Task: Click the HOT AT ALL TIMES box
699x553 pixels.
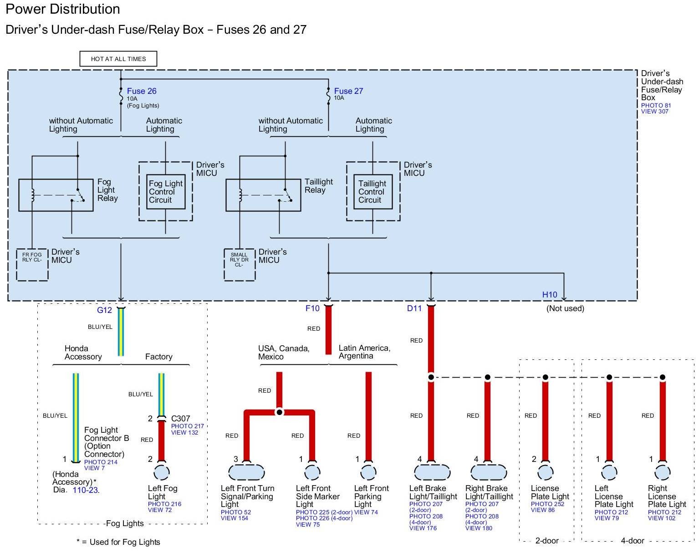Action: click(x=118, y=59)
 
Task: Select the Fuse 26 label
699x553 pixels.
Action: click(x=142, y=91)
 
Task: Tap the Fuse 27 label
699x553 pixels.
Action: click(x=348, y=91)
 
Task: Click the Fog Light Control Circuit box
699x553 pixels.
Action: click(x=166, y=192)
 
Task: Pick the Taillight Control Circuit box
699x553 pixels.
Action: click(x=373, y=192)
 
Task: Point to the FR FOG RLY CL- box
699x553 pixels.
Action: click(x=32, y=265)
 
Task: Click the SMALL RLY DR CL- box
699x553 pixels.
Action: click(x=240, y=265)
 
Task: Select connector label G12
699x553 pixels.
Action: click(x=104, y=310)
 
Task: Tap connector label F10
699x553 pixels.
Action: click(x=312, y=309)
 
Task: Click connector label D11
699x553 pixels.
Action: click(x=414, y=309)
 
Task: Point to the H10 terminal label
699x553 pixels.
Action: click(x=550, y=295)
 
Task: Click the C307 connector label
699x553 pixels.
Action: click(x=181, y=418)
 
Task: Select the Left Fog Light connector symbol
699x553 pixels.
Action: click(x=162, y=472)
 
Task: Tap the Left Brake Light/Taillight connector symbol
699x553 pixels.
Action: click(x=432, y=472)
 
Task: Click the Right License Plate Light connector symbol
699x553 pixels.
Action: click(x=663, y=472)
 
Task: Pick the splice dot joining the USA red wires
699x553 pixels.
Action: click(x=280, y=412)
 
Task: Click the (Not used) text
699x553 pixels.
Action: click(x=565, y=308)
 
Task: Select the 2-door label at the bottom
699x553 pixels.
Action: click(x=547, y=541)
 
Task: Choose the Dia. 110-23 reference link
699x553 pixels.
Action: click(x=86, y=490)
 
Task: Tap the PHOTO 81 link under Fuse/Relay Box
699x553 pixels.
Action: click(x=656, y=105)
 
